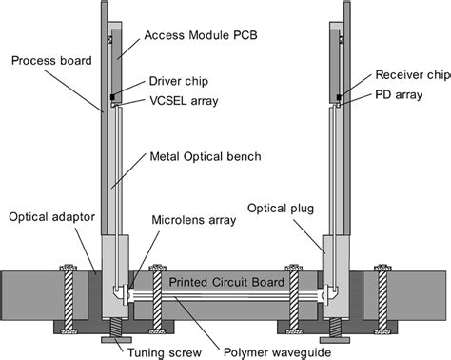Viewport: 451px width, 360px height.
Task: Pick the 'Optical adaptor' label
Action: pos(51,217)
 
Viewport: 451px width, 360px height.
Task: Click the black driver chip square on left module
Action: pos(112,96)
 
